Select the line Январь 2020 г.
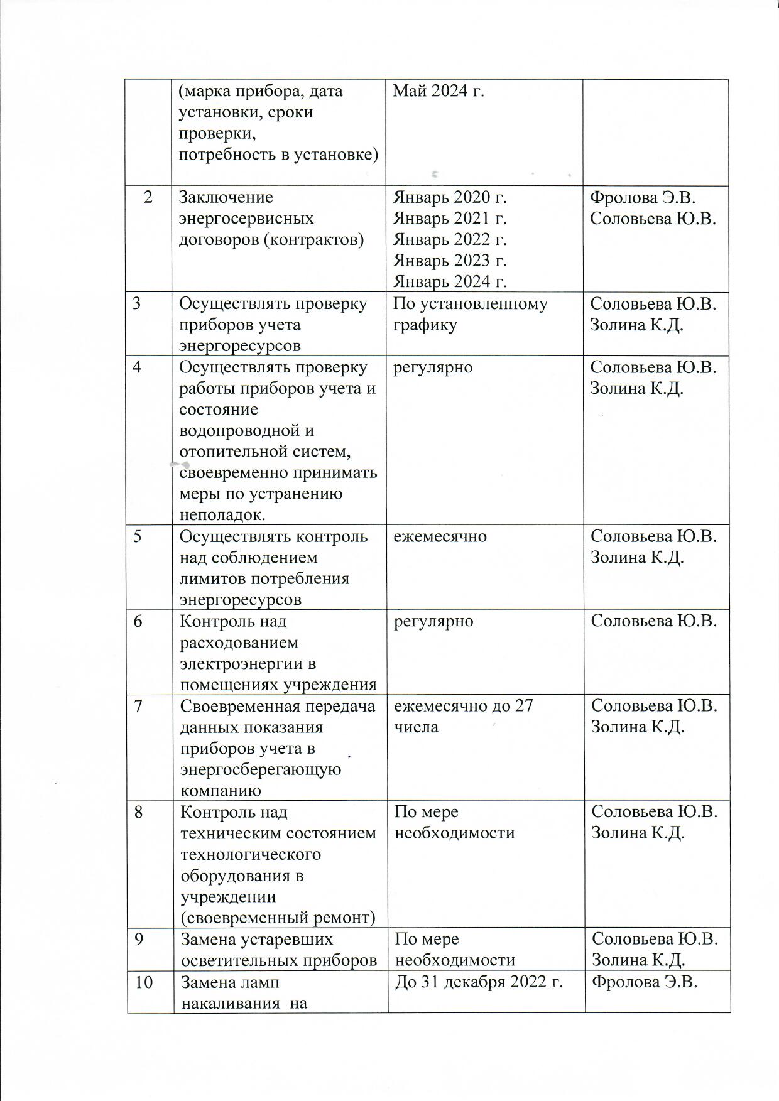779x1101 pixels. point(450,198)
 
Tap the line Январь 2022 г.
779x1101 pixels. point(450,240)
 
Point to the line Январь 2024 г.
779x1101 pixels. point(450,282)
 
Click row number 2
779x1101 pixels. point(148,197)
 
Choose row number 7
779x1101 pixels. point(137,706)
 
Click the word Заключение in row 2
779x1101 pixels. point(226,198)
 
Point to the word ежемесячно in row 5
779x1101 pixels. point(440,536)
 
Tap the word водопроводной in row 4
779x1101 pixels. point(247,431)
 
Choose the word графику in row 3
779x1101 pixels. point(425,325)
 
